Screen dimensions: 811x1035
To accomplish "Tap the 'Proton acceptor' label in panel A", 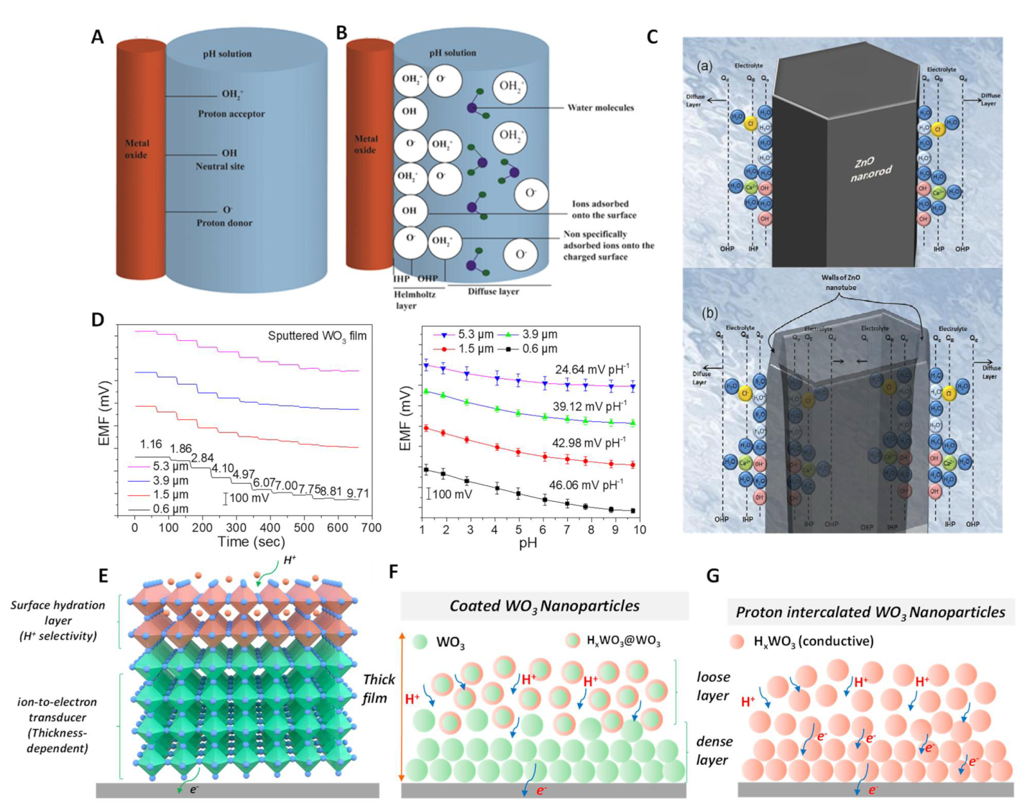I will (x=231, y=114).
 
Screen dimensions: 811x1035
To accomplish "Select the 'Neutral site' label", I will (x=220, y=166).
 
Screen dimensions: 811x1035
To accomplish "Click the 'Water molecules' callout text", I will (x=600, y=108).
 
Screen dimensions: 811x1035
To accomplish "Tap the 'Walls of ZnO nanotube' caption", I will (x=840, y=282).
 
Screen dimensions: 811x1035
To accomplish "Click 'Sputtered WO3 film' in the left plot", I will (x=317, y=336).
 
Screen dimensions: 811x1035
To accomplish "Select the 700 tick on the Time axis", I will (x=371, y=528).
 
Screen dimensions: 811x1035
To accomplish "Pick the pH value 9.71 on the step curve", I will (x=357, y=493).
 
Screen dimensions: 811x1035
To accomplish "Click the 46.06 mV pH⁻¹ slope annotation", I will (x=587, y=485).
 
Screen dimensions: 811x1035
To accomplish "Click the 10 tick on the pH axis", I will (x=639, y=530).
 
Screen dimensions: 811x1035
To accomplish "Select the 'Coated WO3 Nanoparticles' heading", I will (x=544, y=606).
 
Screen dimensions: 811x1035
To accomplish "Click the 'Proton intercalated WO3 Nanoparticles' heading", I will (x=870, y=613).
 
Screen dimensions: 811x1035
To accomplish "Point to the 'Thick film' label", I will (x=379, y=689).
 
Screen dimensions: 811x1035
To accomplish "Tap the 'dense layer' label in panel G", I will (x=714, y=751).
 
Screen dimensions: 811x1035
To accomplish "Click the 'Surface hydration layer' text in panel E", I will (x=57, y=620).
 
